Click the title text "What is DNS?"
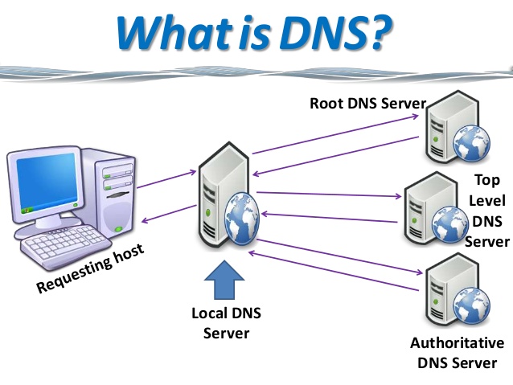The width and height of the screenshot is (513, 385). [255, 31]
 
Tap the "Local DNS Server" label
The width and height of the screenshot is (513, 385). [226, 322]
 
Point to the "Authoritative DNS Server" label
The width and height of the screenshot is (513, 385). [457, 353]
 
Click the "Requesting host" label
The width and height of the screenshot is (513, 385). [90, 269]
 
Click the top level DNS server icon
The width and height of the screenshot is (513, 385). [425, 206]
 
